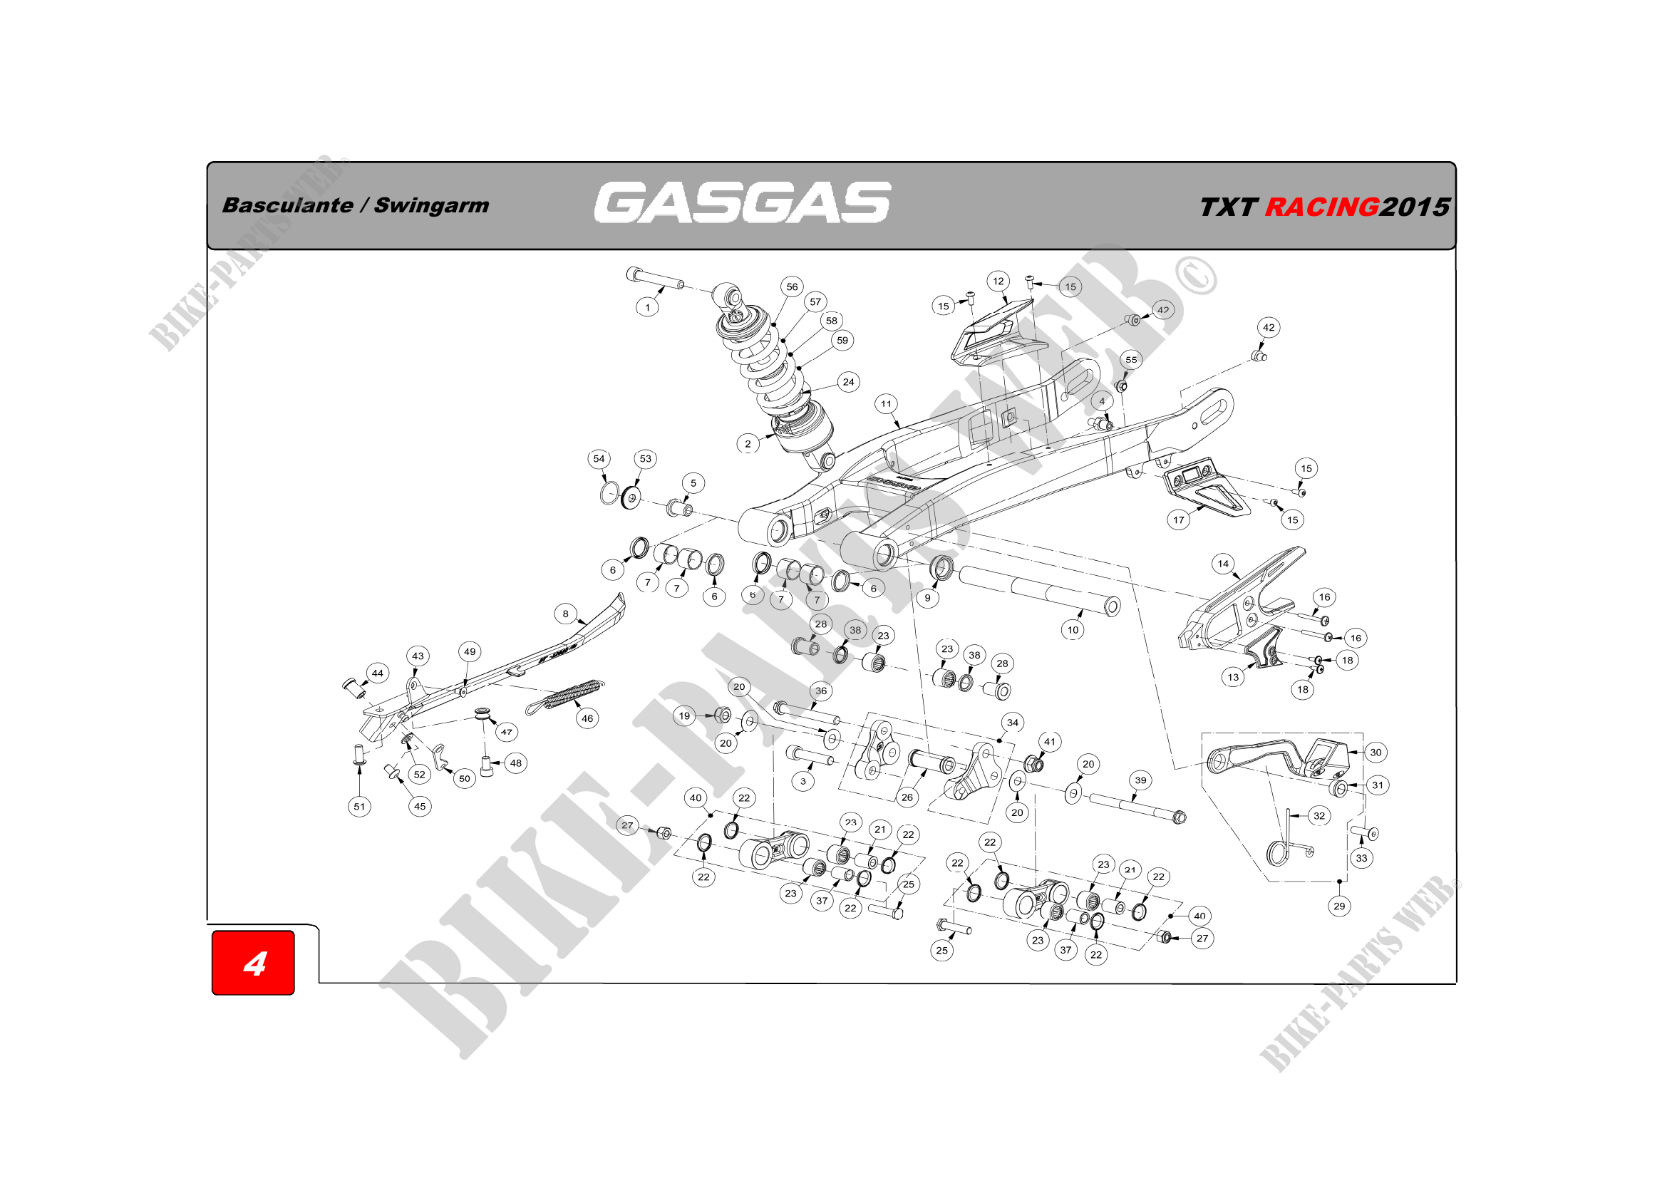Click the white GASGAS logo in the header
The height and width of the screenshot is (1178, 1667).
pos(742,202)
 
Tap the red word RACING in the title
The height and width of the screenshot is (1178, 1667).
pos(1321,207)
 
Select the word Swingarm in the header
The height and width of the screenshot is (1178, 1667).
pos(431,205)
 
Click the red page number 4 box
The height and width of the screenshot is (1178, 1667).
pos(254,963)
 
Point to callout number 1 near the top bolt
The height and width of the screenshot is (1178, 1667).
pos(648,307)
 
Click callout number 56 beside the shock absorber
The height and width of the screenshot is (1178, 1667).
pos(792,286)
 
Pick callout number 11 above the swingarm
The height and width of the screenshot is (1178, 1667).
pos(886,403)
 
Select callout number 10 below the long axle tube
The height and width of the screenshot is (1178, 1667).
pos(1073,629)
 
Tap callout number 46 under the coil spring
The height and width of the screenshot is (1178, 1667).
pos(587,718)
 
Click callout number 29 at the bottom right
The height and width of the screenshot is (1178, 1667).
pos(1340,906)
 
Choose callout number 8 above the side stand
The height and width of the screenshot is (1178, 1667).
pos(566,614)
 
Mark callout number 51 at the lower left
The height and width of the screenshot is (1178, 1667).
pos(359,807)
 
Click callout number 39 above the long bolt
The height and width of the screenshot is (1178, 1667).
pos(1140,780)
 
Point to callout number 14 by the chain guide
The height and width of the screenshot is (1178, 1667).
pos(1224,563)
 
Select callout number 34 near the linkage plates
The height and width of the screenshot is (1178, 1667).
pos(1013,722)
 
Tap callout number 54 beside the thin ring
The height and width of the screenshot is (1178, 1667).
pos(599,459)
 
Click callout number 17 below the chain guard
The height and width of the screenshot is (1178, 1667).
pos(1178,520)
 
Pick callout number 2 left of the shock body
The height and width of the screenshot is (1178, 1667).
pos(748,444)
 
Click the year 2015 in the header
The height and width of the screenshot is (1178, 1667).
pos(1414,207)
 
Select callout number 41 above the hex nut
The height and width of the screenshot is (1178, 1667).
pos(1050,741)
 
